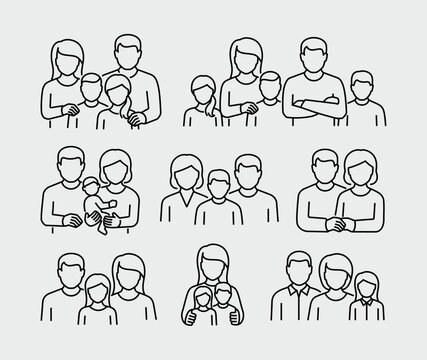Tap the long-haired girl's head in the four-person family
coord(121,91)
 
